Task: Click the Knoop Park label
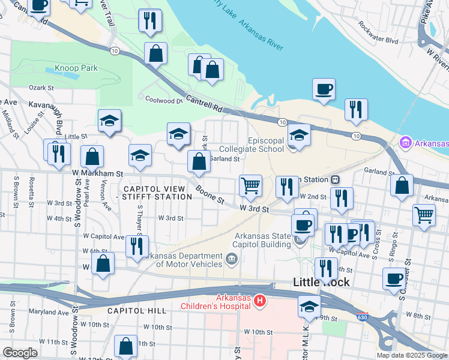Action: pyautogui.click(x=76, y=68)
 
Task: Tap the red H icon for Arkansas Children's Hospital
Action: pyautogui.click(x=260, y=300)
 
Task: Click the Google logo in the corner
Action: pyautogui.click(x=20, y=352)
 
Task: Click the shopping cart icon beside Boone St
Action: pyautogui.click(x=250, y=185)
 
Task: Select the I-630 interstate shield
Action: pyautogui.click(x=361, y=317)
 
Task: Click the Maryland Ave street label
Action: pyautogui.click(x=47, y=313)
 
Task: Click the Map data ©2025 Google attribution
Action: pyautogui.click(x=411, y=355)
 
